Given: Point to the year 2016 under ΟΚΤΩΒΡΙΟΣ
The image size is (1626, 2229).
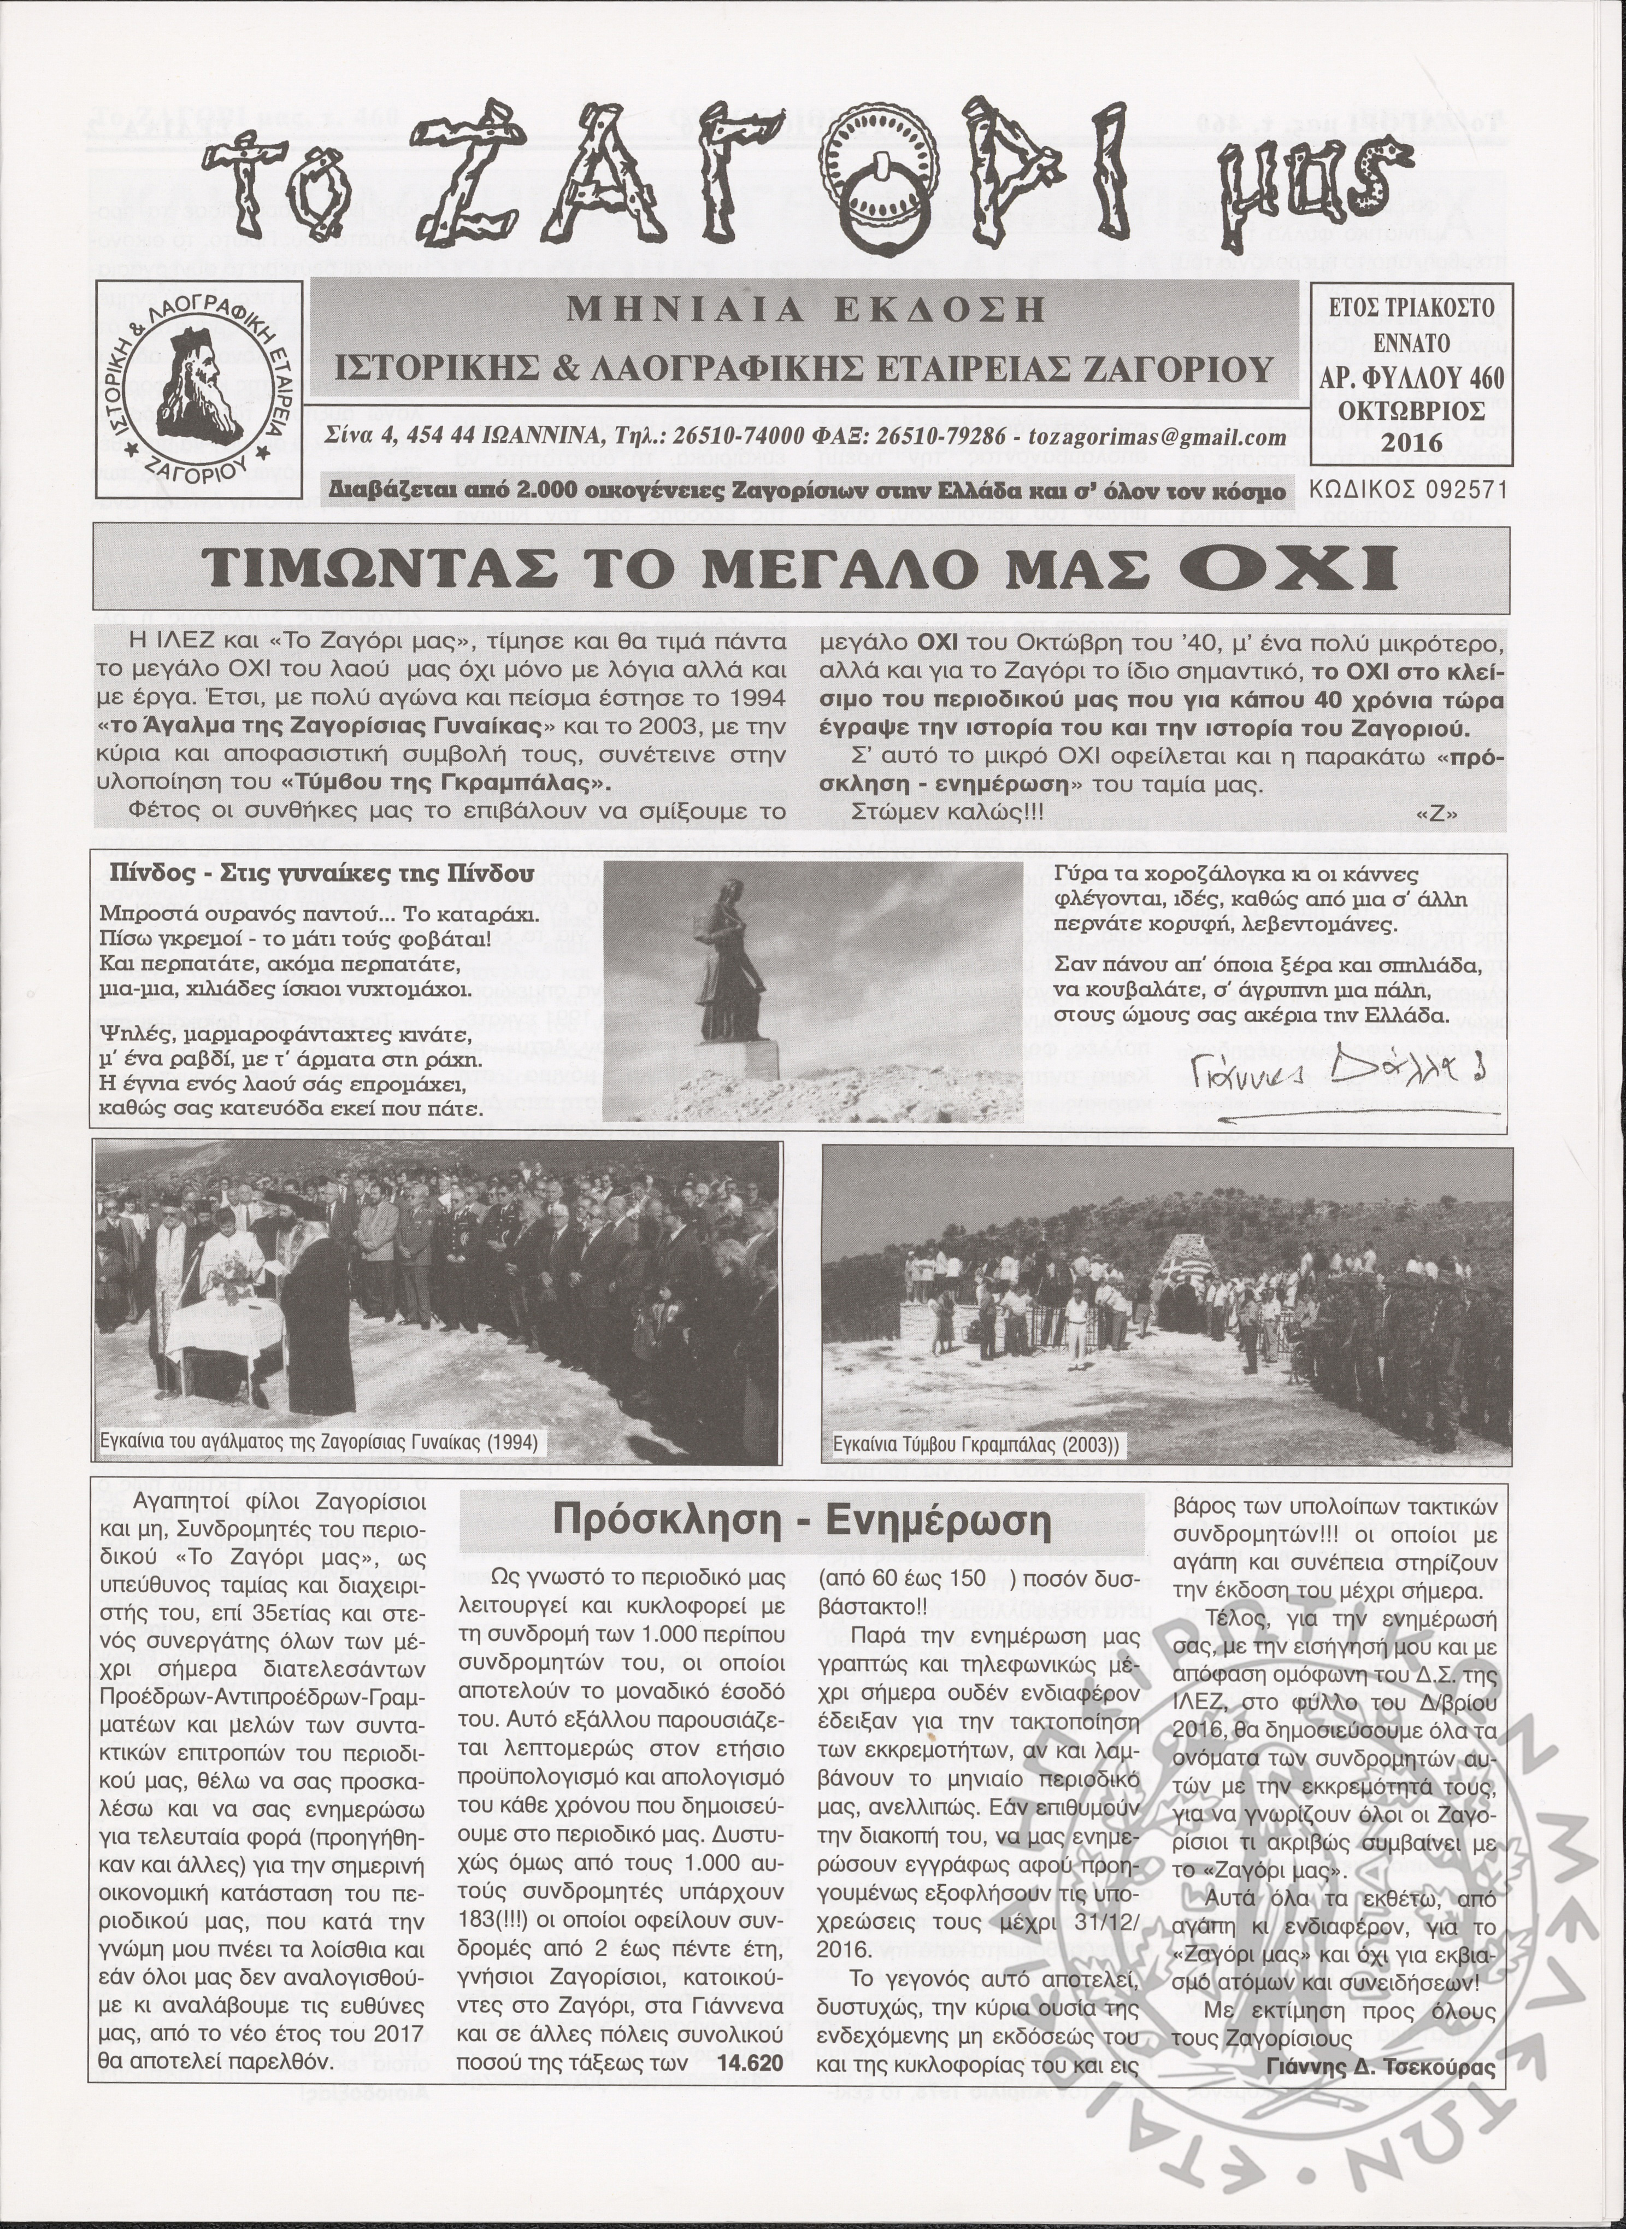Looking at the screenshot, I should tap(1410, 442).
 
